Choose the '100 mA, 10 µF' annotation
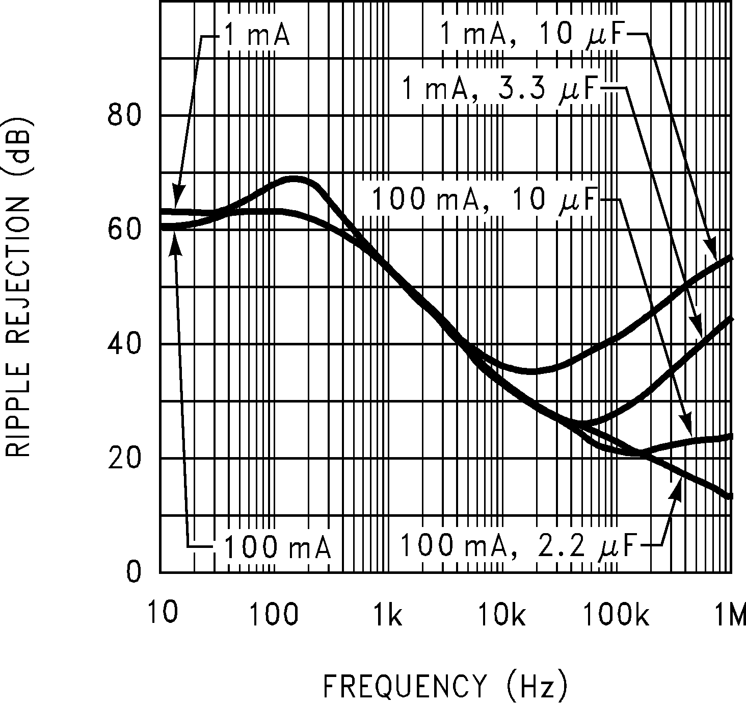click(x=484, y=199)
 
